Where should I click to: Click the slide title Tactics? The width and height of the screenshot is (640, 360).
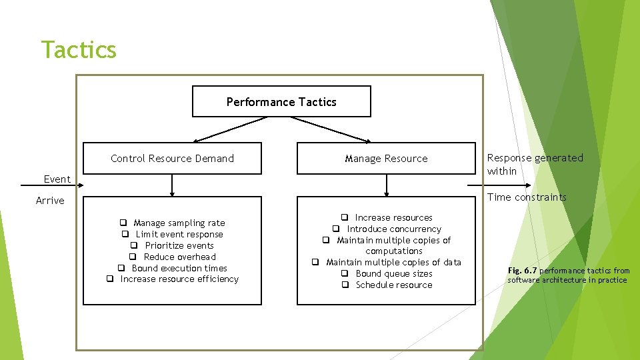coord(79,50)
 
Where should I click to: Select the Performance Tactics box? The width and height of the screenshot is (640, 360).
coord(281,102)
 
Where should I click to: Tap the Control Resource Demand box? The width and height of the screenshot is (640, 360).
coord(172,159)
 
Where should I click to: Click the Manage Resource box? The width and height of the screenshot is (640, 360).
coord(386,159)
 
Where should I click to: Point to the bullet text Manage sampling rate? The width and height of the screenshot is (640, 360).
coord(179,223)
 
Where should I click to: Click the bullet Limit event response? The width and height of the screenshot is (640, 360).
coord(179,234)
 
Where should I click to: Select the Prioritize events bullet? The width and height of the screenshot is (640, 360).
coord(179,245)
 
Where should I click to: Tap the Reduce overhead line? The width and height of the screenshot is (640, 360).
coord(179,257)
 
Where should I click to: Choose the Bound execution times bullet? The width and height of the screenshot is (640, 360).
coord(179,268)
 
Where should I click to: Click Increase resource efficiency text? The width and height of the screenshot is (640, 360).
coord(179,279)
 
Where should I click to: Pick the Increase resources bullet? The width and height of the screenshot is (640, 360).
coord(393,217)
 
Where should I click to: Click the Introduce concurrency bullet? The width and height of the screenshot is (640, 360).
coord(393,229)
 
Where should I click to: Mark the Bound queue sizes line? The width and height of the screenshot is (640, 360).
coord(393,273)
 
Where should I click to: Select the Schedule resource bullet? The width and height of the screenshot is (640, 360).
coord(393,285)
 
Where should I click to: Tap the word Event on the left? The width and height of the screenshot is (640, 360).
coord(57,179)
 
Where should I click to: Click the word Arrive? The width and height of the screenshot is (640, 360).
coord(50,201)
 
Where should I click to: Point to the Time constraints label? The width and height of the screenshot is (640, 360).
coord(527,197)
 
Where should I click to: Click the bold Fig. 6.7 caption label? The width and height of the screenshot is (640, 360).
coord(522,271)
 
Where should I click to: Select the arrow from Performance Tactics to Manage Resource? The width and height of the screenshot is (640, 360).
coord(330,129)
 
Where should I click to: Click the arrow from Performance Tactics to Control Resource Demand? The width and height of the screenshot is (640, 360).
coord(230,129)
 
